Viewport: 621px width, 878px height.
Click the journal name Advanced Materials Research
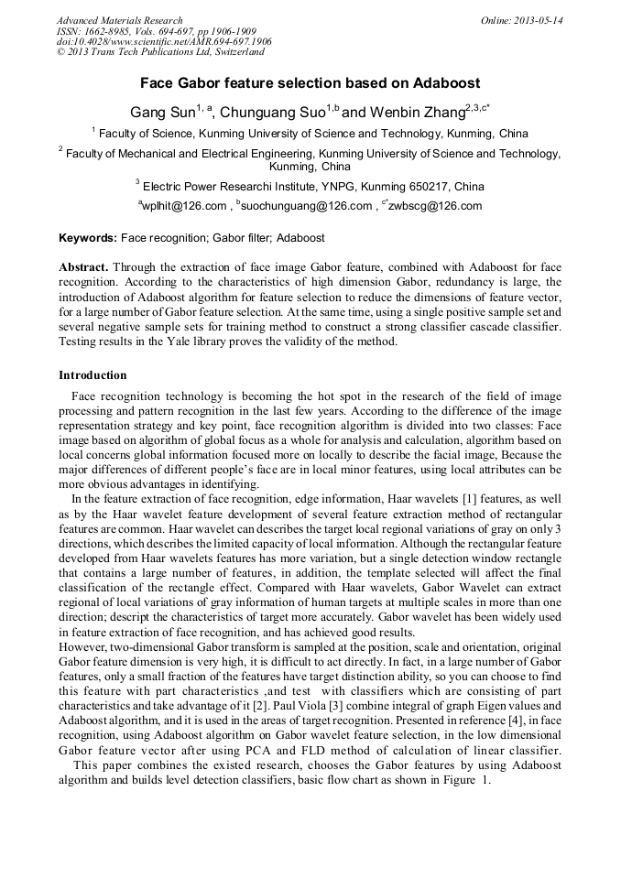119,20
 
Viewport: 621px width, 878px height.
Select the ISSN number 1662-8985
116,31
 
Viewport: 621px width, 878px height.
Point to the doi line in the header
164,42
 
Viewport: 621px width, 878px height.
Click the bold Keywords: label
88,238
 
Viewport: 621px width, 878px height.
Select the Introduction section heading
93,375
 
